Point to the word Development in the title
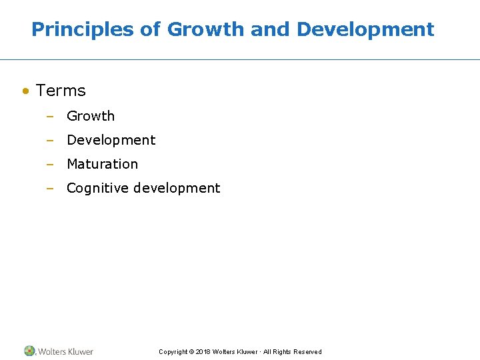[365, 29]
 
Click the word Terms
[61, 91]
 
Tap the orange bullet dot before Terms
[25, 91]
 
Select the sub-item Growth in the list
[91, 116]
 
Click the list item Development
[111, 140]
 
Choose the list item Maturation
[102, 164]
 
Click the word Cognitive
[98, 188]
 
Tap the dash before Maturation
[49, 165]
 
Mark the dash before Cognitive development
[49, 189]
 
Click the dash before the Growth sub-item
[49, 117]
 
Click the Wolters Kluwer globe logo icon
[29, 351]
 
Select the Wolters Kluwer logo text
[65, 351]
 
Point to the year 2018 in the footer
[203, 352]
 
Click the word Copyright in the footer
[173, 352]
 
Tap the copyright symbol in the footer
[192, 352]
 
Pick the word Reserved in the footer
[307, 352]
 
